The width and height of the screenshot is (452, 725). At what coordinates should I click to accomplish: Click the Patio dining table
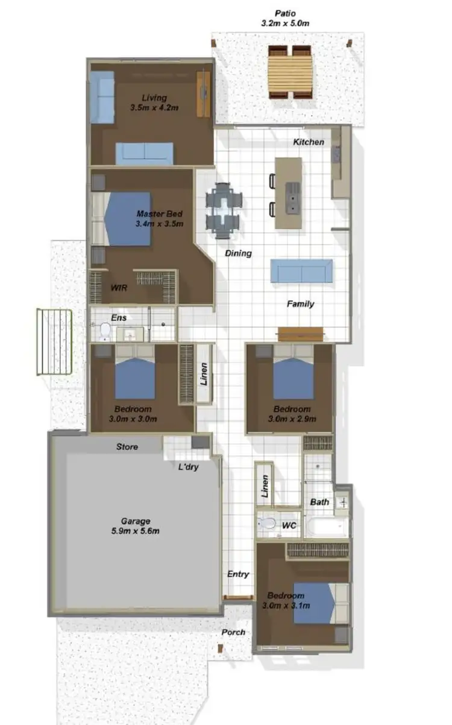pyautogui.click(x=290, y=72)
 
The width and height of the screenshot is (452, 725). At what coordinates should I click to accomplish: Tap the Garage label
pyautogui.click(x=135, y=521)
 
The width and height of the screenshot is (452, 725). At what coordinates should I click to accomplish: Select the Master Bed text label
pyautogui.click(x=159, y=214)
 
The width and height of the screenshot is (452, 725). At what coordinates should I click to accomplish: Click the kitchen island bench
pyautogui.click(x=289, y=193)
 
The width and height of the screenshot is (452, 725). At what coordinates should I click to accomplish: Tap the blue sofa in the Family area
pyautogui.click(x=301, y=271)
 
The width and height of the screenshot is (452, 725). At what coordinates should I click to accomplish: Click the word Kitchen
pyautogui.click(x=309, y=142)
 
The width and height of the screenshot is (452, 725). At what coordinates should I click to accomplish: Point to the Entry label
pyautogui.click(x=238, y=574)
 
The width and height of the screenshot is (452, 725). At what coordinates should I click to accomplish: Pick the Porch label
pyautogui.click(x=233, y=632)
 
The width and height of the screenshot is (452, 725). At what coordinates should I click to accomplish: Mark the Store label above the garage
pyautogui.click(x=127, y=447)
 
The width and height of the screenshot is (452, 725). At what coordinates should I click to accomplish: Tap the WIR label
pyautogui.click(x=118, y=288)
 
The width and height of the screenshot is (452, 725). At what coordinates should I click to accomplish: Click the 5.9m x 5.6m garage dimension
pyautogui.click(x=135, y=531)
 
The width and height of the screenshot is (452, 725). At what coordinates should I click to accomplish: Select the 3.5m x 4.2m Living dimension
pyautogui.click(x=154, y=108)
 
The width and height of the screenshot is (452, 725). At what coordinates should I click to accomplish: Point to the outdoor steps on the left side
pyautogui.click(x=54, y=341)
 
